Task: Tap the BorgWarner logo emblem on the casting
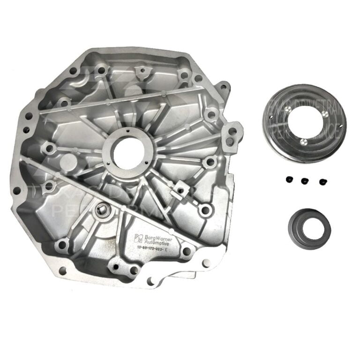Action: click(138, 236)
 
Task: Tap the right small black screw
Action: click(322, 181)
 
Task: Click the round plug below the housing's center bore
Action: click(100, 210)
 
